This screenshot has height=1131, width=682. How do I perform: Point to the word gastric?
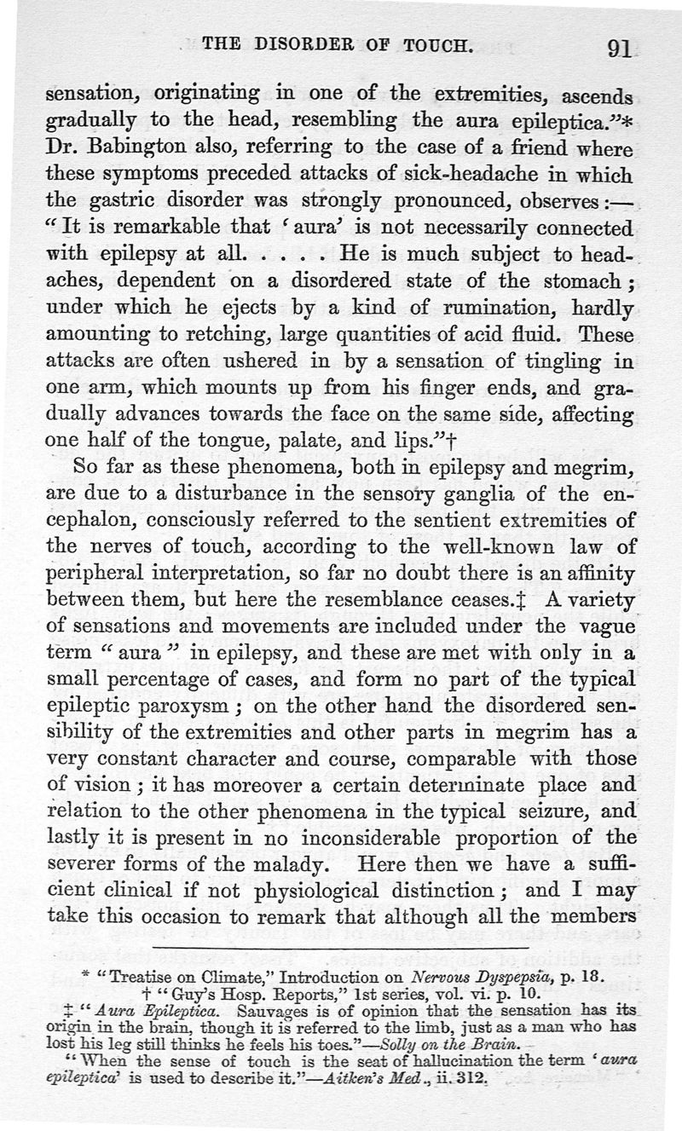pos(125,202)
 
